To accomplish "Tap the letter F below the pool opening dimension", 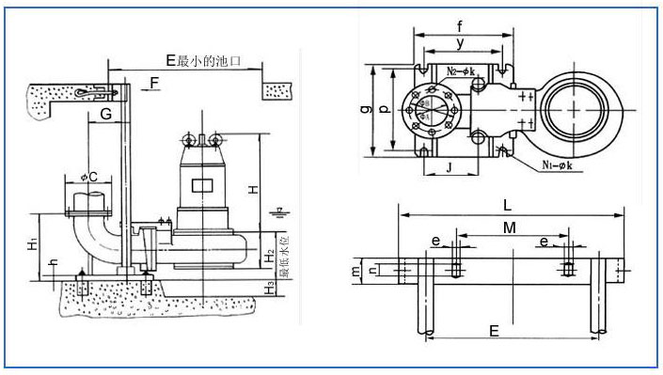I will pos(152,85).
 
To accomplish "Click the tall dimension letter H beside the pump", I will pos(253,188).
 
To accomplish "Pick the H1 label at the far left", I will pos(33,245).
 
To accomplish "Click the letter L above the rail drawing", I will pos(509,204).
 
